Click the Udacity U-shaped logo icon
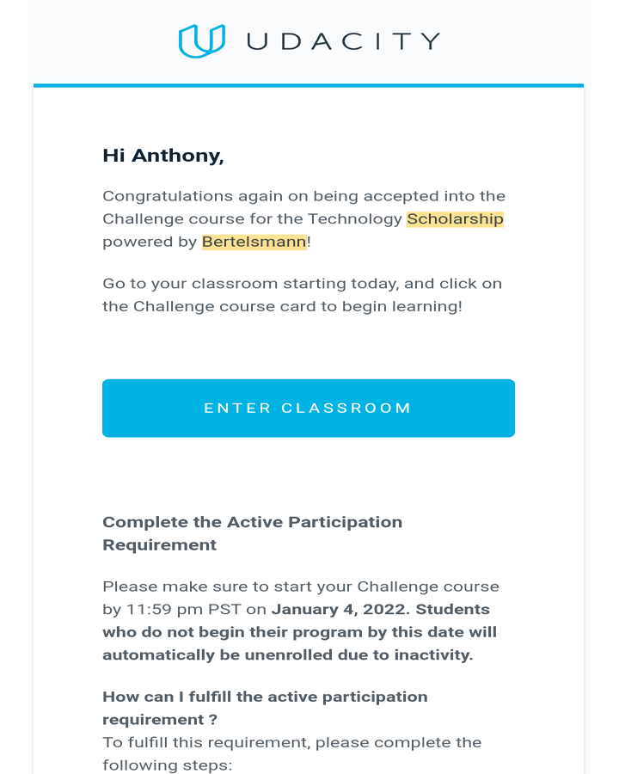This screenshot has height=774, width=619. pos(202,41)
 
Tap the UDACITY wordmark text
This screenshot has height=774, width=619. pos(343,41)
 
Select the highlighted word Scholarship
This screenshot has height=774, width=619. pos(455,219)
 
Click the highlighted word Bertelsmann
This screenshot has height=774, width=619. pos(254,242)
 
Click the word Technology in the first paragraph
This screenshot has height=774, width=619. pos(355,219)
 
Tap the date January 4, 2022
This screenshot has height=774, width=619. pos(334,610)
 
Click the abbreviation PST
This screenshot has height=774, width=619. pos(218,610)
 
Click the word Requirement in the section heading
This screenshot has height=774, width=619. pos(159,545)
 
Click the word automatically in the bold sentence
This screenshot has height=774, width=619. pos(151,655)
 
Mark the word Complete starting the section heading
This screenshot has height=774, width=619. pos(135,522)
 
